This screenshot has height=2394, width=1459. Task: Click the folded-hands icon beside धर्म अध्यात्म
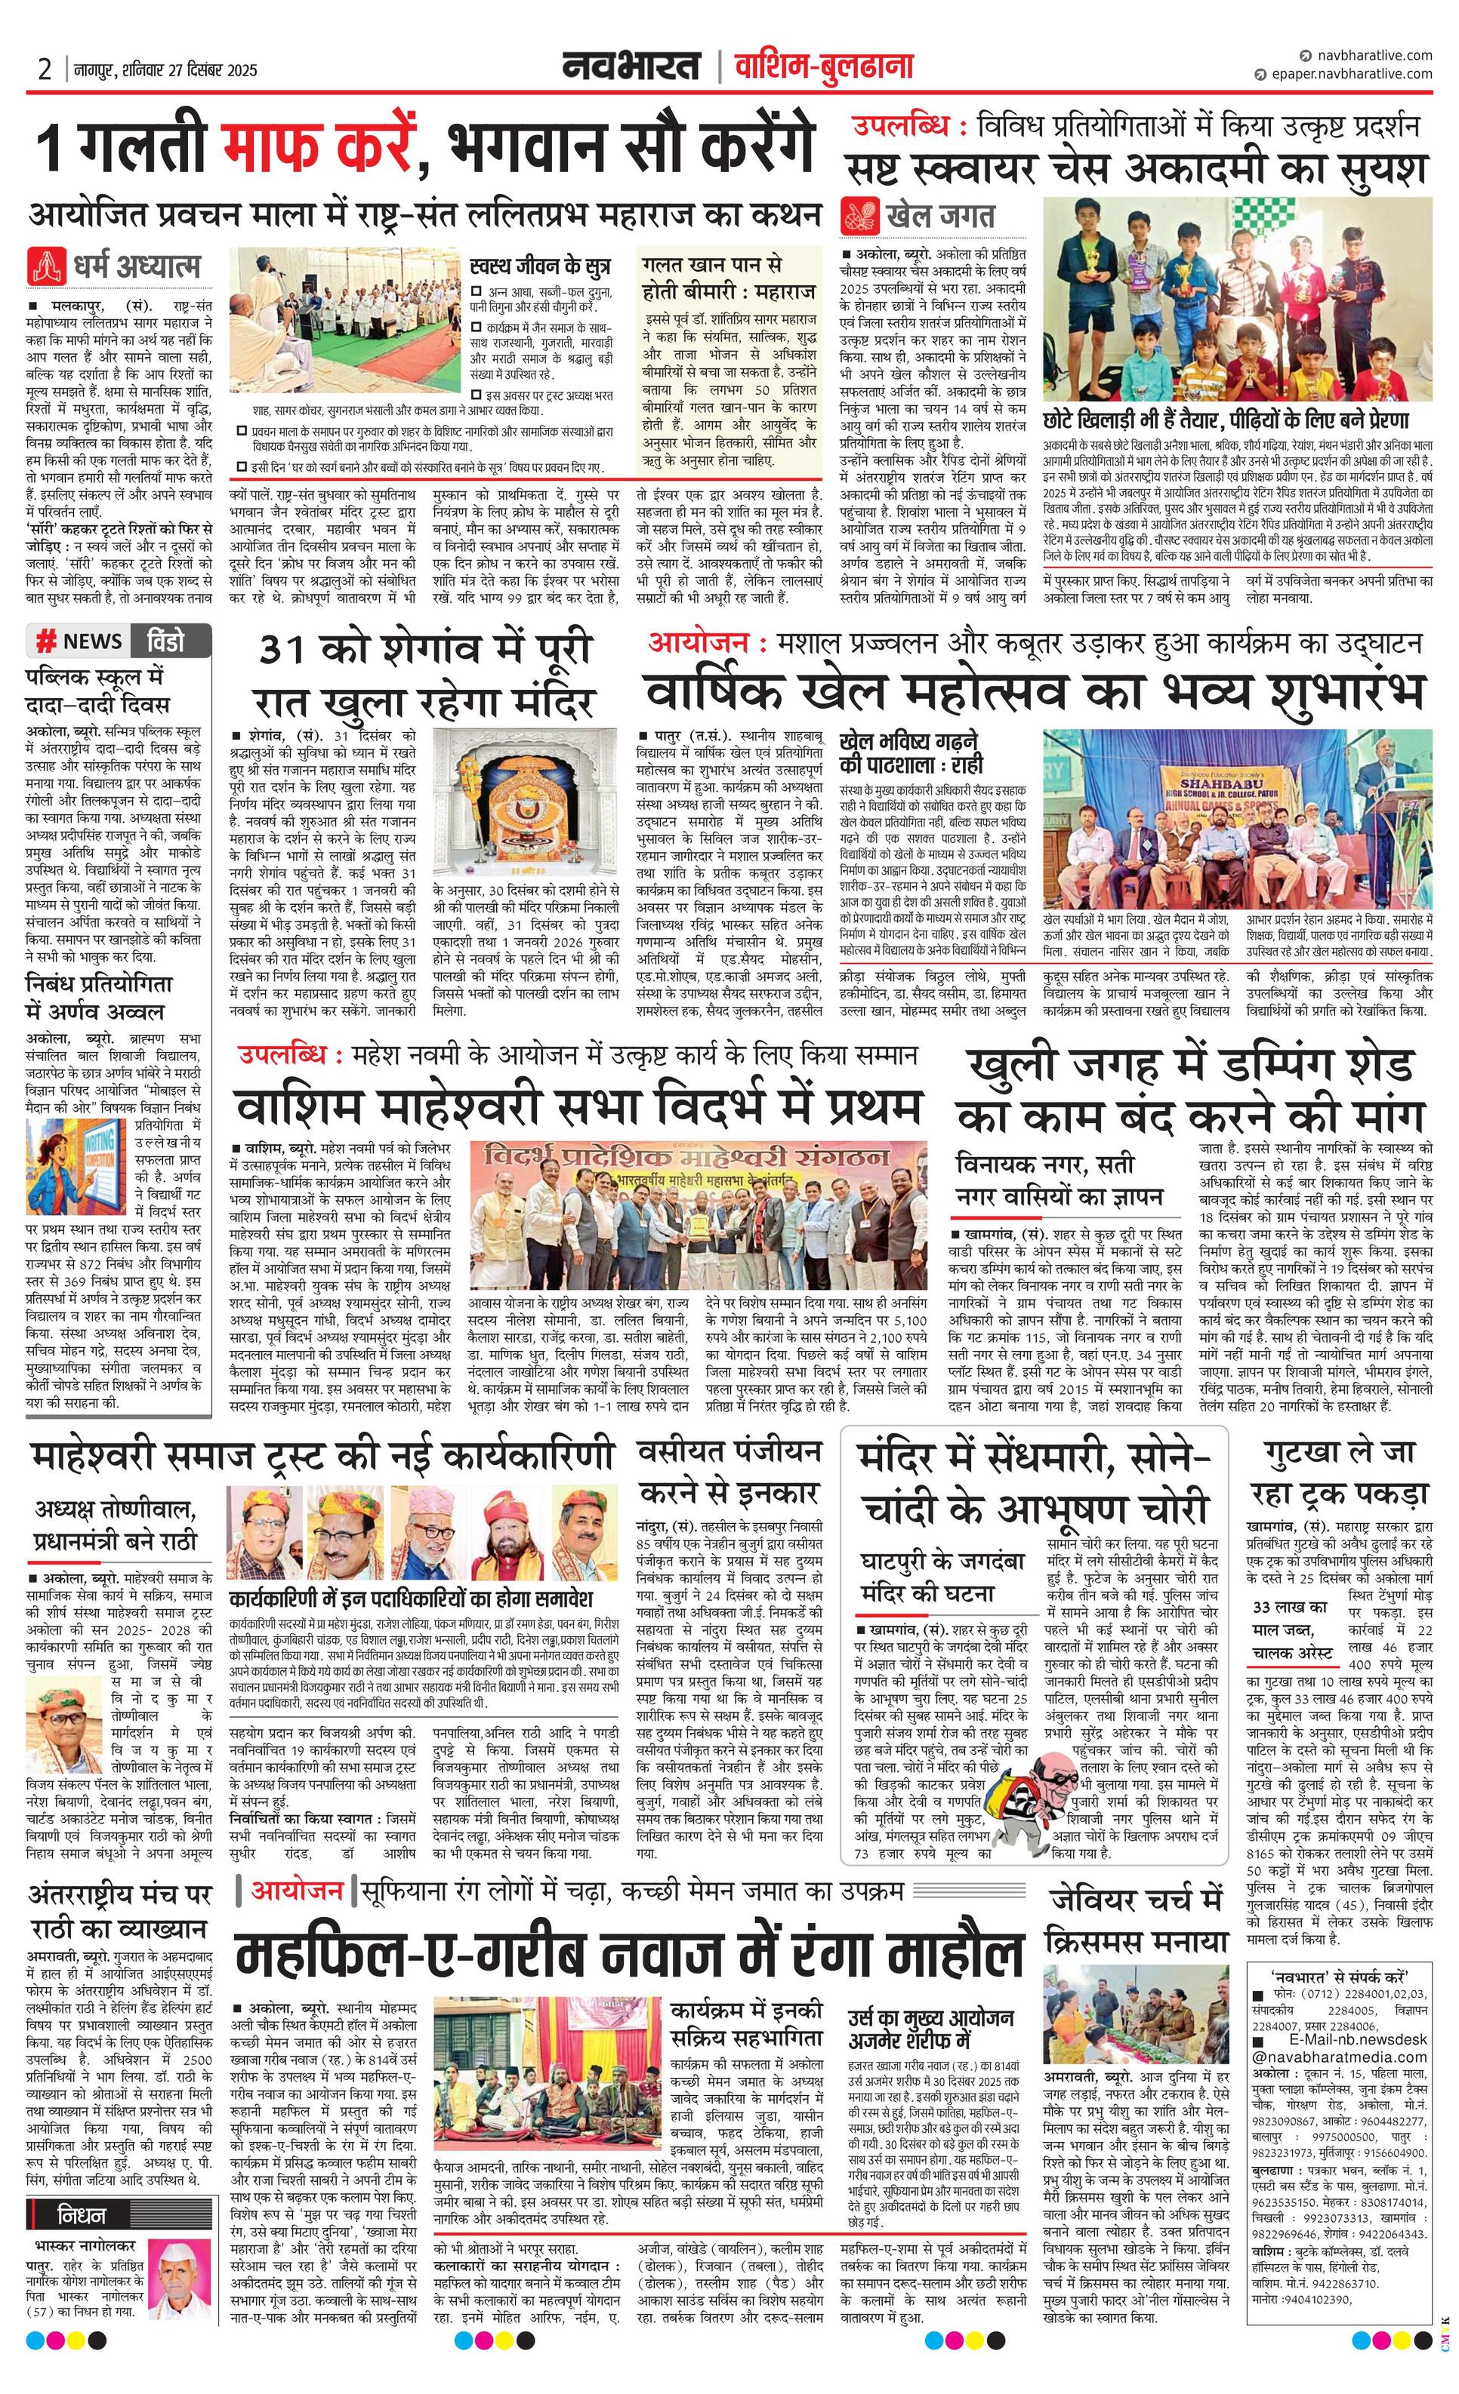pos(44,265)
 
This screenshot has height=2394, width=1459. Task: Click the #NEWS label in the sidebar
pos(80,642)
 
